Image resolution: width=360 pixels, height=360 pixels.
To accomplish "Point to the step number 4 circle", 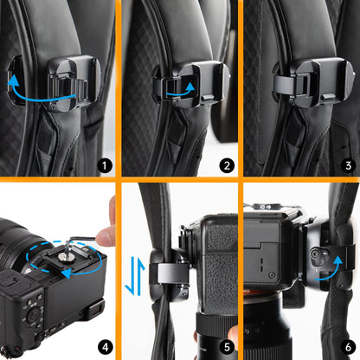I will pyautogui.click(x=105, y=347).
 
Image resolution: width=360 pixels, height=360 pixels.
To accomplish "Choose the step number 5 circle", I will pyautogui.click(x=225, y=347).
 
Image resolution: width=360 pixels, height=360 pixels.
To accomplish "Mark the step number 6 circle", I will pyautogui.click(x=345, y=347).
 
